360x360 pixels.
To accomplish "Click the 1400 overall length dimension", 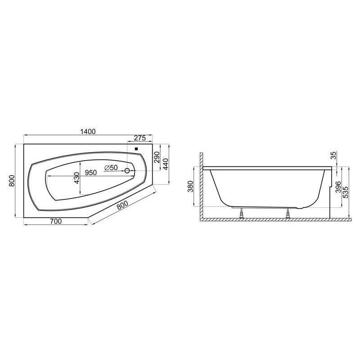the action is [x=88, y=131].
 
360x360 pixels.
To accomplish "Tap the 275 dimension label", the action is [x=140, y=138].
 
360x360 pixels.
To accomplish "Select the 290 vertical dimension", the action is [x=157, y=157].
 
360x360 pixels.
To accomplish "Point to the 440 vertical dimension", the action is [x=166, y=164].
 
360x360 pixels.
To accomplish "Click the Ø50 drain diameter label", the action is [x=111, y=168].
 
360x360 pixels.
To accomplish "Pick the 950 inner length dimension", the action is [x=91, y=173].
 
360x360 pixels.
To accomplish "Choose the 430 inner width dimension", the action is [x=76, y=178].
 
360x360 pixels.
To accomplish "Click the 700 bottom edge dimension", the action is [x=56, y=221].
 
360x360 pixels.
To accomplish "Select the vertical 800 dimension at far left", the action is [x=12, y=181].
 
